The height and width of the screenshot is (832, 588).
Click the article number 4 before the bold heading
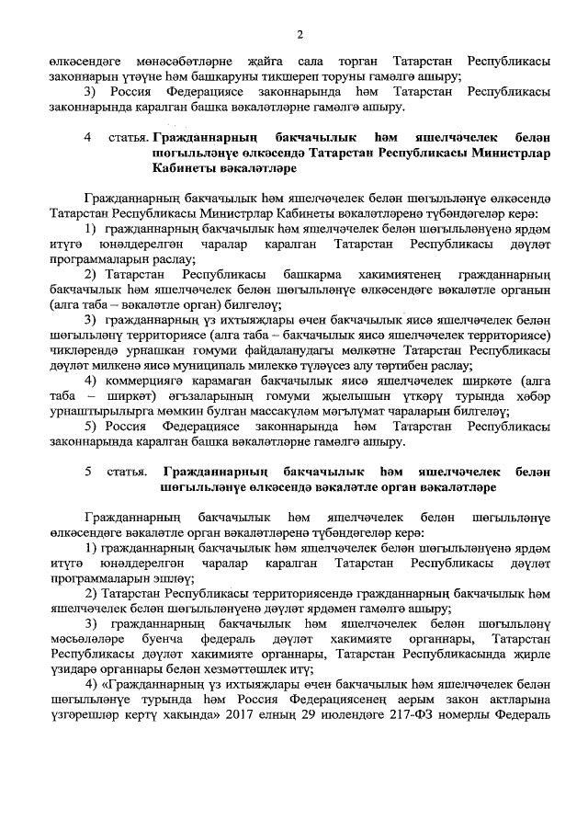click(88, 138)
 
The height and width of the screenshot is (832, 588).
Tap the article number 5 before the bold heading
click(88, 471)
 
